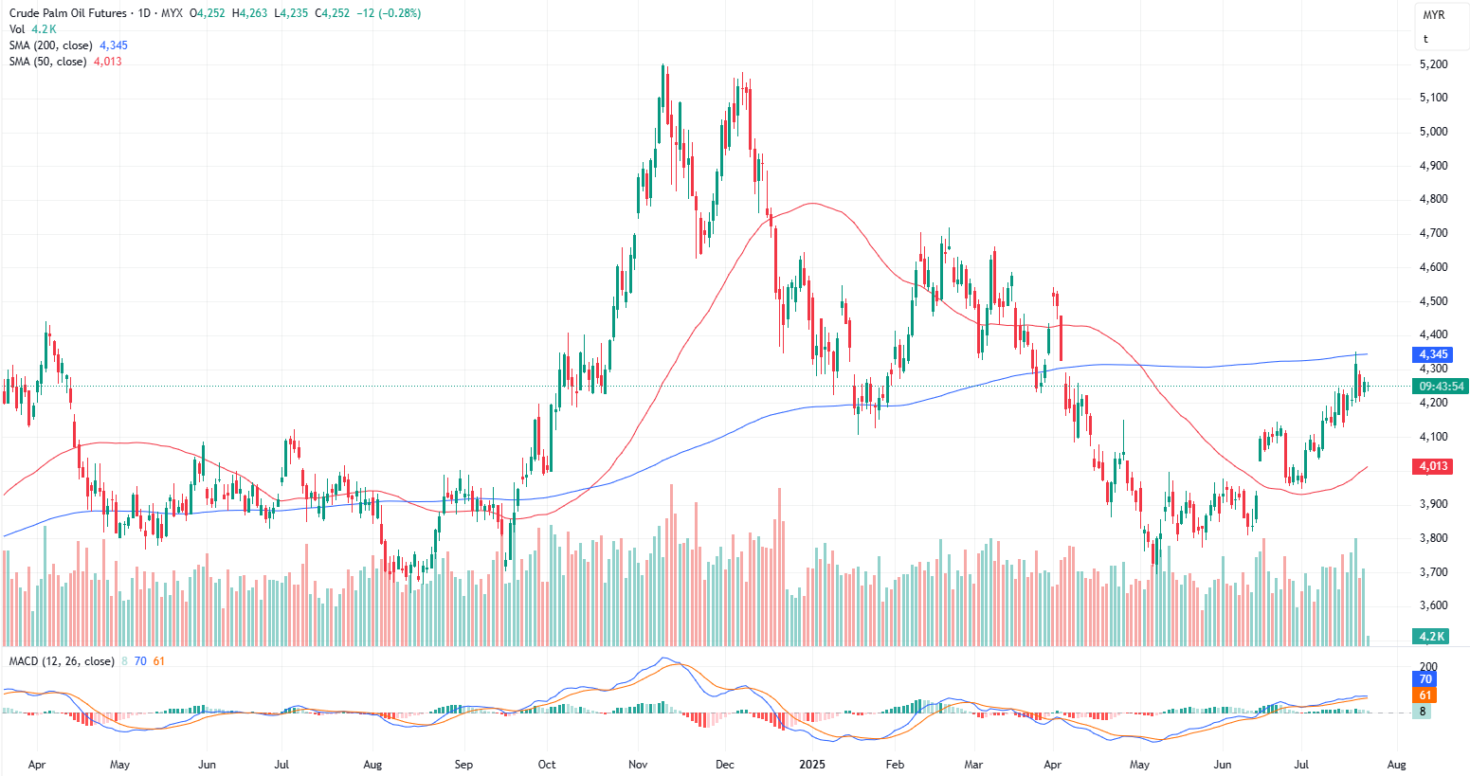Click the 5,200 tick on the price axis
tap(1433, 64)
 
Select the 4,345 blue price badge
tap(1433, 354)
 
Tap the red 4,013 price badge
tap(1433, 466)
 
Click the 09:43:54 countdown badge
tap(1441, 387)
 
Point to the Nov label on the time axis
tap(638, 764)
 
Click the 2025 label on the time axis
tap(812, 764)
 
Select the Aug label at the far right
tap(1396, 764)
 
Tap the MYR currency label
tap(1434, 15)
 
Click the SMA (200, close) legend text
tap(51, 45)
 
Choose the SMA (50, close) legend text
tap(48, 62)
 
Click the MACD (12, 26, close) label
tap(62, 661)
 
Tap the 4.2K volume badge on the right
tap(1431, 636)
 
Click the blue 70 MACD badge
tap(1425, 679)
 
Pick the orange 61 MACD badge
tap(1425, 695)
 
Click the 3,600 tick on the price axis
tap(1433, 605)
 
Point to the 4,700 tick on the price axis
tap(1433, 233)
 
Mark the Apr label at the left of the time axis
tap(37, 764)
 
